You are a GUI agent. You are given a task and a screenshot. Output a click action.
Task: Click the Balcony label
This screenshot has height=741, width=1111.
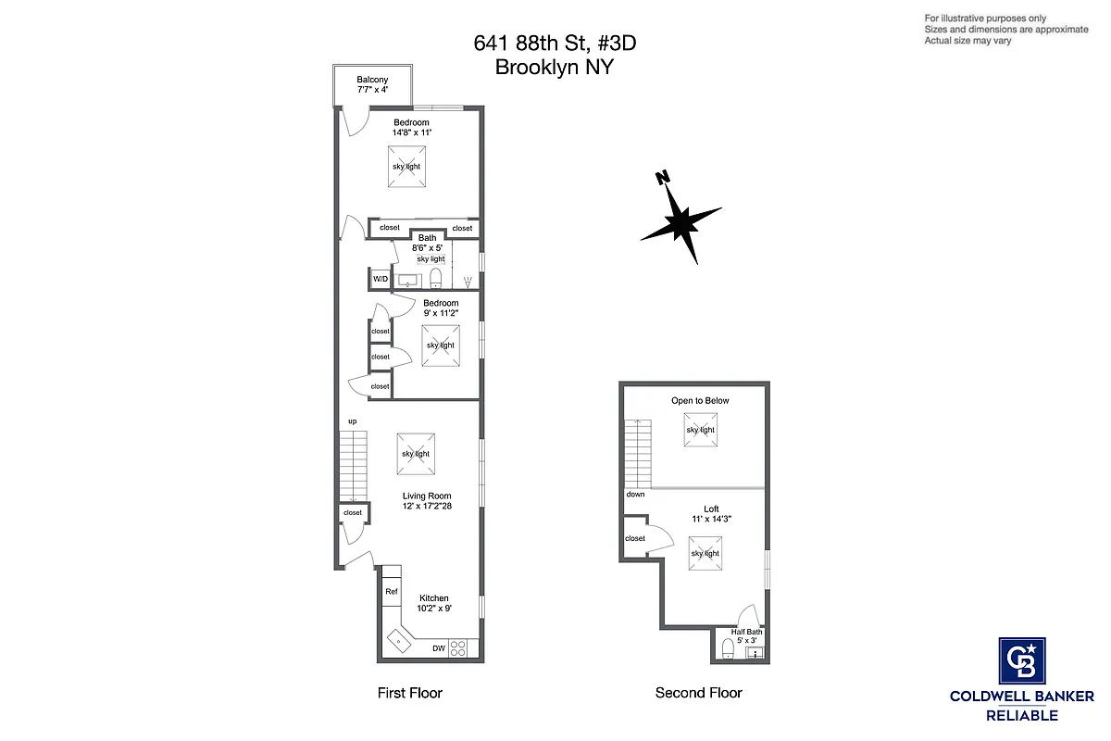point(372,80)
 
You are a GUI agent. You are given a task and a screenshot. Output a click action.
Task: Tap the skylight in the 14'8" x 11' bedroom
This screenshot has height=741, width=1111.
point(406,167)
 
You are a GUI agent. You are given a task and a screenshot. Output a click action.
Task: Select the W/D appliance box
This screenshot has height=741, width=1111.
point(381,279)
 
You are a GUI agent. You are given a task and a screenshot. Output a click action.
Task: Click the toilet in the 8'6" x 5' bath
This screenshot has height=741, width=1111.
point(436,279)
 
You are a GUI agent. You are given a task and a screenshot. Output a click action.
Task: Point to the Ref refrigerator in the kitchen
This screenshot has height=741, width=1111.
point(392,592)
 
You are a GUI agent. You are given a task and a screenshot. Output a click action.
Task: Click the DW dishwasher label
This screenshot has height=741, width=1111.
point(439,648)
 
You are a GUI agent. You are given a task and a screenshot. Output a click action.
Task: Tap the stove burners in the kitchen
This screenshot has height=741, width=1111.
point(458,648)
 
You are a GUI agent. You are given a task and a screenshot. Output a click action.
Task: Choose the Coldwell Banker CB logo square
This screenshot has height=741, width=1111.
point(1022,661)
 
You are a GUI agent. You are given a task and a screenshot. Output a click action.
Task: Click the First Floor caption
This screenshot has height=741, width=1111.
point(409,693)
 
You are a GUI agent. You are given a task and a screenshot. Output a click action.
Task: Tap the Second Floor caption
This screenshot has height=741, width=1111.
point(698,693)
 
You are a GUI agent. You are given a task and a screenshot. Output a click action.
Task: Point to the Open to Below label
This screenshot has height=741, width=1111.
point(700,400)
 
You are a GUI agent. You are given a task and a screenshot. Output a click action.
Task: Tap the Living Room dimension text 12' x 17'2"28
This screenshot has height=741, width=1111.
point(426,507)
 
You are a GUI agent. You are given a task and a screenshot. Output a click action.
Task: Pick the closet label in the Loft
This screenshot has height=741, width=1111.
point(635,538)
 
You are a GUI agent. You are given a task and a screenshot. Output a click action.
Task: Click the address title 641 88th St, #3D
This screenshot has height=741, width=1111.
point(555,44)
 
